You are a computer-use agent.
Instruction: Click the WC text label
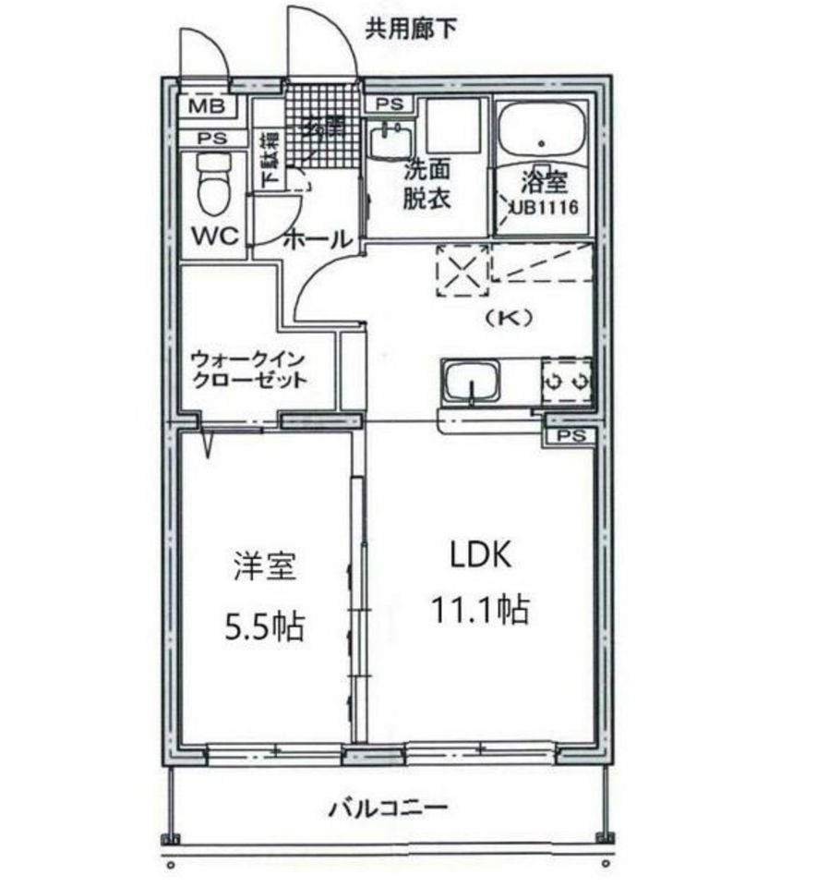(214, 237)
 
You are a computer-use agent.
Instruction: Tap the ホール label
(317, 238)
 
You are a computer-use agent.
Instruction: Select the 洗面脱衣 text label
(427, 185)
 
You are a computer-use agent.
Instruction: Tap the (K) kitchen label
(511, 317)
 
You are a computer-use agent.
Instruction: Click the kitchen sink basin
(472, 381)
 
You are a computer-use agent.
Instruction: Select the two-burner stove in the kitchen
(567, 381)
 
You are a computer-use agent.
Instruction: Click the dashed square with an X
(463, 271)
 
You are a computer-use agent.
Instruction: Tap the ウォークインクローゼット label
(246, 370)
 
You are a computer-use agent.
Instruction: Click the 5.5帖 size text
(264, 628)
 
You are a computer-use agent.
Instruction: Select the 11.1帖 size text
(479, 609)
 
